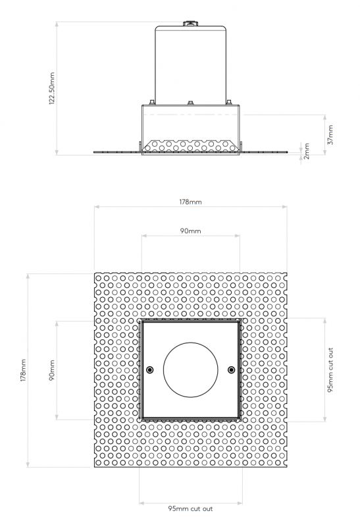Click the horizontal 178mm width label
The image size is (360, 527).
pyautogui.click(x=190, y=202)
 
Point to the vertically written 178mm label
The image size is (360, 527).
pyautogui.click(x=24, y=371)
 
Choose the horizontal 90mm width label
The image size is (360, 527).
pyautogui.click(x=190, y=231)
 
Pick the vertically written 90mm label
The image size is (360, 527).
pyautogui.click(x=52, y=371)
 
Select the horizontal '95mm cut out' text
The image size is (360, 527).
pyautogui.click(x=190, y=509)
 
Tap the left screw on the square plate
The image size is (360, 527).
pyautogui.click(x=150, y=370)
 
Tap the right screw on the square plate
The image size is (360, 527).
pyautogui.click(x=230, y=370)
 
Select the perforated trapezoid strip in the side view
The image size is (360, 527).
pyautogui.click(x=190, y=144)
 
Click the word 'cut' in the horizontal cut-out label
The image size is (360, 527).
pyautogui.click(x=194, y=509)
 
